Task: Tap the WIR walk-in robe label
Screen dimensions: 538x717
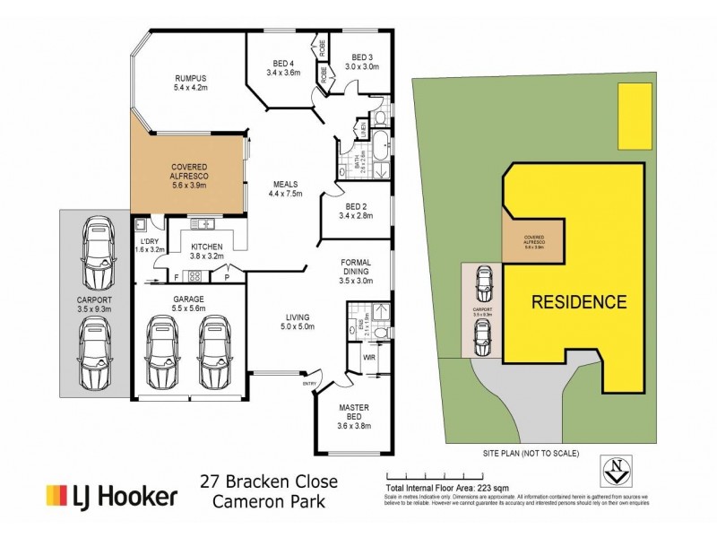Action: (367, 359)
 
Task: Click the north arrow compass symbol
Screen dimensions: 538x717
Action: (618, 466)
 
